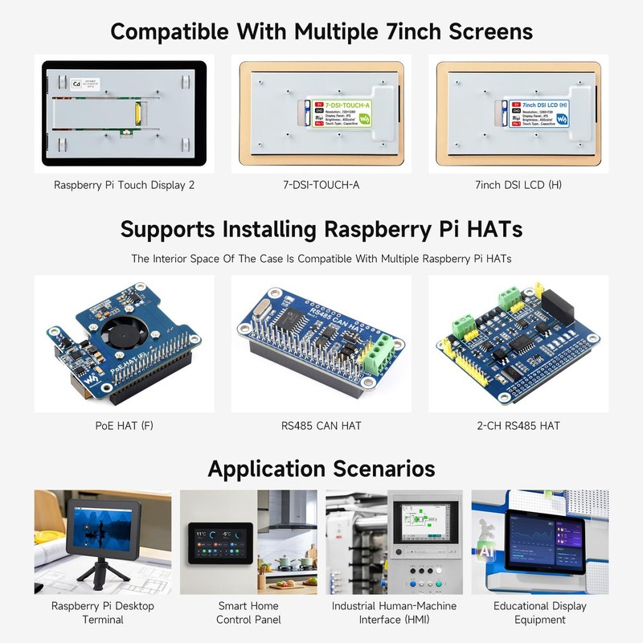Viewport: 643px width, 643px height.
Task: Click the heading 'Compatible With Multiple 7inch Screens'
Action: [321, 31]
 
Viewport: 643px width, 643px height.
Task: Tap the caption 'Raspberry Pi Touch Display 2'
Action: [125, 185]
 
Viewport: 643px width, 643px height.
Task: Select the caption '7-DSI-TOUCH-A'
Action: [321, 185]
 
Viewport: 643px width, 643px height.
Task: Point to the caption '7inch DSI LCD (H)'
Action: [518, 185]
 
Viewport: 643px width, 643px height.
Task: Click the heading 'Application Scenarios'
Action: [321, 469]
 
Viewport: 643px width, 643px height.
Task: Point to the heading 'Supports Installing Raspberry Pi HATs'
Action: [321, 229]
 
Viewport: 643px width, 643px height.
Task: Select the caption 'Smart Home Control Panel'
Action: [248, 612]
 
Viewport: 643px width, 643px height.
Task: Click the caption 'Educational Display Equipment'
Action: [540, 612]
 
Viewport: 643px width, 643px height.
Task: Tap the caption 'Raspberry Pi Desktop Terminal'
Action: [103, 612]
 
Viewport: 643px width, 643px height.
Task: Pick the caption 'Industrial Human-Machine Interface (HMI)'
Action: [394, 612]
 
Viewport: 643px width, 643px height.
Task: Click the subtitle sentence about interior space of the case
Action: [321, 259]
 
